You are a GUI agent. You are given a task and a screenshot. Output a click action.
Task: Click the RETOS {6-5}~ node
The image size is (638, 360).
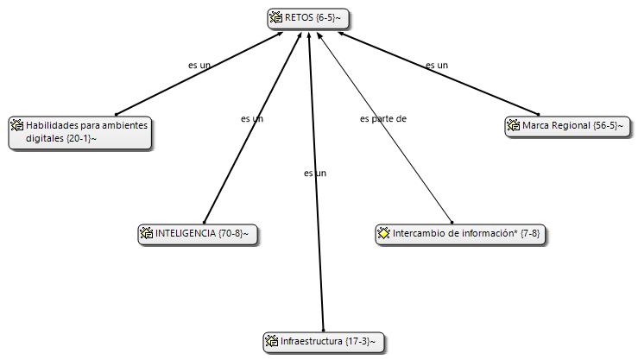click(x=308, y=18)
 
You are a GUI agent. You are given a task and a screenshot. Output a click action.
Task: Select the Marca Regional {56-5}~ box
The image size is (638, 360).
click(x=567, y=126)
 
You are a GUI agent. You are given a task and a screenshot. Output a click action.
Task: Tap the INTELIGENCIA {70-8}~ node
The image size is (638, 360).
click(x=198, y=234)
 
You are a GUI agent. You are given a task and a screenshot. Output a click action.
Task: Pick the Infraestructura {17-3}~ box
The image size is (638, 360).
click(x=324, y=342)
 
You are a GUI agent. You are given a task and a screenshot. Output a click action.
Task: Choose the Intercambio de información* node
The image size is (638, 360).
click(x=460, y=234)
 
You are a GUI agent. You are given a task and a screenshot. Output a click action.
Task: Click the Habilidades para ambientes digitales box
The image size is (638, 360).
click(x=80, y=133)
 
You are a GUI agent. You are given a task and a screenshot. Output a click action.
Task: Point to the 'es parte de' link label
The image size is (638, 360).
click(x=383, y=119)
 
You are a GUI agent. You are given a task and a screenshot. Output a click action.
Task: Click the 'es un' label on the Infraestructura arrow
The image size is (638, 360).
click(x=315, y=174)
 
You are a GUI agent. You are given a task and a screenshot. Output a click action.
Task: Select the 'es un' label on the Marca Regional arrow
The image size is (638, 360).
click(x=437, y=65)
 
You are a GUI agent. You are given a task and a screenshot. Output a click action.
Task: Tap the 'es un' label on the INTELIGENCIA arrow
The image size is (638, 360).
click(x=252, y=119)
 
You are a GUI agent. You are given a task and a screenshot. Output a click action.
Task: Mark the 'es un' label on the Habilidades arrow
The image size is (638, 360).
click(x=199, y=65)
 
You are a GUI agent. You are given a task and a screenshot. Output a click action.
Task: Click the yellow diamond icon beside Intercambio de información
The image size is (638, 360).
click(x=383, y=233)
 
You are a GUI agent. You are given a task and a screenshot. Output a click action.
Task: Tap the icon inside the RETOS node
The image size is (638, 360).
click(x=276, y=17)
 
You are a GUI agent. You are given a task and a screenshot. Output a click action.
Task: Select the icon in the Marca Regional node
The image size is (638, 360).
click(x=514, y=125)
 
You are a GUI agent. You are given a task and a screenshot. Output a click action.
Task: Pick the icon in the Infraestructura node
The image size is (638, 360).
click(x=271, y=340)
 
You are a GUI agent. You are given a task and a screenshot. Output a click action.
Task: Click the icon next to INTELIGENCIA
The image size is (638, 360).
click(x=147, y=233)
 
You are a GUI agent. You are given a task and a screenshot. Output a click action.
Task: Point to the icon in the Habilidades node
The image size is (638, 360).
click(x=17, y=125)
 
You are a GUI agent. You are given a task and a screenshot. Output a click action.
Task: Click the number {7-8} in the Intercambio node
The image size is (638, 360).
click(x=530, y=233)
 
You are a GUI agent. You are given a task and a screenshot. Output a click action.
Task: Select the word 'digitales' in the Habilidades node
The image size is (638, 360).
click(x=44, y=138)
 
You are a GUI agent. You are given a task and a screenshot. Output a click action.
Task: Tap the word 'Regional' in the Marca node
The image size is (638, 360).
click(x=572, y=125)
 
